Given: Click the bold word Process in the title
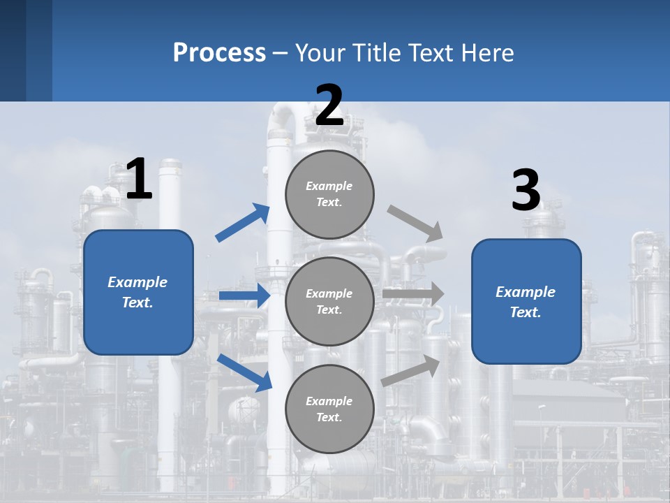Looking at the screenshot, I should tap(219, 53).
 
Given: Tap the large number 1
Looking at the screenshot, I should tap(139, 179).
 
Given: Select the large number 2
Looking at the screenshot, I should tap(329, 105).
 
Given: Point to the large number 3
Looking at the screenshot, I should tap(526, 190).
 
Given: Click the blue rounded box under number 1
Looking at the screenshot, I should tap(138, 292).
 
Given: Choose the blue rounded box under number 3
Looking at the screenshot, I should tap(526, 301).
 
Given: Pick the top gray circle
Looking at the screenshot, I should tap(329, 194).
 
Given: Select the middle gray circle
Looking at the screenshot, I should tap(329, 301).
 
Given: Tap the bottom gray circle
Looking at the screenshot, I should tap(329, 409).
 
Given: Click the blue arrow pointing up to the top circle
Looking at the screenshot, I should tap(243, 223).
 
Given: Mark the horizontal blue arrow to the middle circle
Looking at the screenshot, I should tap(244, 296).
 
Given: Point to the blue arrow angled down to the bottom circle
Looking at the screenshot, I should tap(245, 372).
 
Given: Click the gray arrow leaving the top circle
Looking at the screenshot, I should tap(416, 224).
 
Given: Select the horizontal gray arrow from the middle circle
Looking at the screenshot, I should tap(413, 294).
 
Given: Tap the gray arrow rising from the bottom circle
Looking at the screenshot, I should tap(411, 371).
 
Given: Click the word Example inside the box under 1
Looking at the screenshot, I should tap(137, 282).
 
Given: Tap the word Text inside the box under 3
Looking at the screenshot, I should tap(525, 312).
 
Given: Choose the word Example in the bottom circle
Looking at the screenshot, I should tap(329, 401).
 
